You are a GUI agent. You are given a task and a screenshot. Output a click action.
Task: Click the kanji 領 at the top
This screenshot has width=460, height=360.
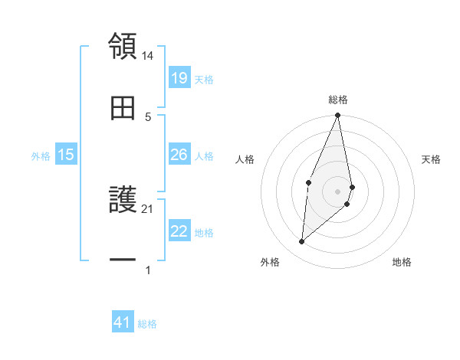point(123,46)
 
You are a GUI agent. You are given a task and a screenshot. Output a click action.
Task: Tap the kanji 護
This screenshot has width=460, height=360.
point(123,201)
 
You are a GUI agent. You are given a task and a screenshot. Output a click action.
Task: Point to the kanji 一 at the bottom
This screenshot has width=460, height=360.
point(123,260)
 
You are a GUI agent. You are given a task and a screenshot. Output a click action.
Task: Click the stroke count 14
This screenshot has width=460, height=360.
point(148,55)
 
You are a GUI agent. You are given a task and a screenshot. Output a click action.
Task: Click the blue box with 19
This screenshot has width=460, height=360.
point(179,77)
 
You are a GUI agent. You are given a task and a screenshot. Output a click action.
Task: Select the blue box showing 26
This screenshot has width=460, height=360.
point(179,155)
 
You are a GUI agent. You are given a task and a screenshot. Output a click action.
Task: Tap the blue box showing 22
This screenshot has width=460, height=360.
point(179,231)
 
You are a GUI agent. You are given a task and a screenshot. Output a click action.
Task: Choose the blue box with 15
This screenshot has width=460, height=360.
point(66,155)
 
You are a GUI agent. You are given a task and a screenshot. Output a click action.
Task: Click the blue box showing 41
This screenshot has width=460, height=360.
point(123,322)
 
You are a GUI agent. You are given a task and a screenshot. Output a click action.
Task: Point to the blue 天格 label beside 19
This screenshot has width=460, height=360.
point(204,79)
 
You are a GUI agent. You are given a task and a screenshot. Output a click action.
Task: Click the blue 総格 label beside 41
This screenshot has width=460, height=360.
point(147,324)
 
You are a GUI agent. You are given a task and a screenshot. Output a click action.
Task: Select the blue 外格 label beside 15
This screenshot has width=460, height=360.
point(41,156)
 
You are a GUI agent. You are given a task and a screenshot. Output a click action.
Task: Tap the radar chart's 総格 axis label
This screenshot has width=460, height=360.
point(338,100)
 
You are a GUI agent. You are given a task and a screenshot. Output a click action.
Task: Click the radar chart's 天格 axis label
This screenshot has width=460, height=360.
point(432,159)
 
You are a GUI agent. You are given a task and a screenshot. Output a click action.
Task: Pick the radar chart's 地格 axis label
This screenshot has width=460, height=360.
point(402,262)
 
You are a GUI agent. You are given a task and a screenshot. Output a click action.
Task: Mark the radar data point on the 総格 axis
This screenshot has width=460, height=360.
point(338,116)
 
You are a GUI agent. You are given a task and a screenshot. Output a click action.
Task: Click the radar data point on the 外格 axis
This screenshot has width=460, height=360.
point(302,242)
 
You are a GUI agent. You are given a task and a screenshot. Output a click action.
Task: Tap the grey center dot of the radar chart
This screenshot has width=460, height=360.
point(338,191)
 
